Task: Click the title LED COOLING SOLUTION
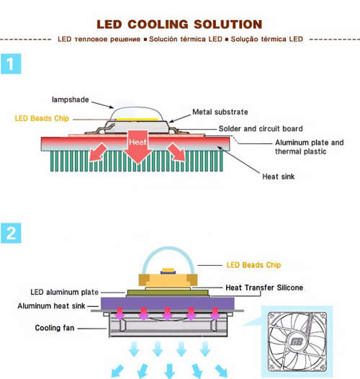click(179, 24)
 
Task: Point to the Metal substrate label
click(220, 112)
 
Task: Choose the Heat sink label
click(278, 176)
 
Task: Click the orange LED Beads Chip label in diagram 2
click(253, 264)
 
